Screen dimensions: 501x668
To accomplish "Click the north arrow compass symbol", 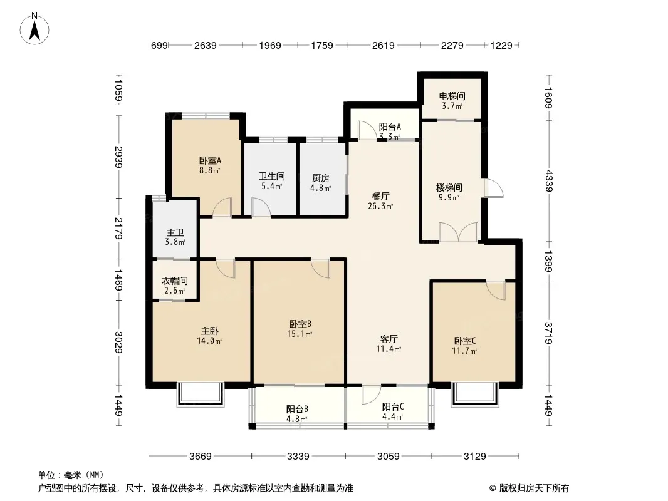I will [35, 28].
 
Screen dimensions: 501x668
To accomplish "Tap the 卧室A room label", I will [206, 160].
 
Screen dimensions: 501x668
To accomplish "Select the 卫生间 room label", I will [271, 177].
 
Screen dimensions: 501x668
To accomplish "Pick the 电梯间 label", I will [451, 96].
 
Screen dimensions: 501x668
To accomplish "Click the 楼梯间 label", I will [449, 187].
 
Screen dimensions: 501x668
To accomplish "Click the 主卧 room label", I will [209, 331].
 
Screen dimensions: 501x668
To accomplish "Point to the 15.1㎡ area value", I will [301, 334].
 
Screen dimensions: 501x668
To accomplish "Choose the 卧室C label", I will [465, 341].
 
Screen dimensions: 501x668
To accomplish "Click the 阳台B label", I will [296, 410].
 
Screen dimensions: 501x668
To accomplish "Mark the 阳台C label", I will [393, 406].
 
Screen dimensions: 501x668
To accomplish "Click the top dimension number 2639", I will [206, 45].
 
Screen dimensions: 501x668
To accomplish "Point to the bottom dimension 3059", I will [389, 456].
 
